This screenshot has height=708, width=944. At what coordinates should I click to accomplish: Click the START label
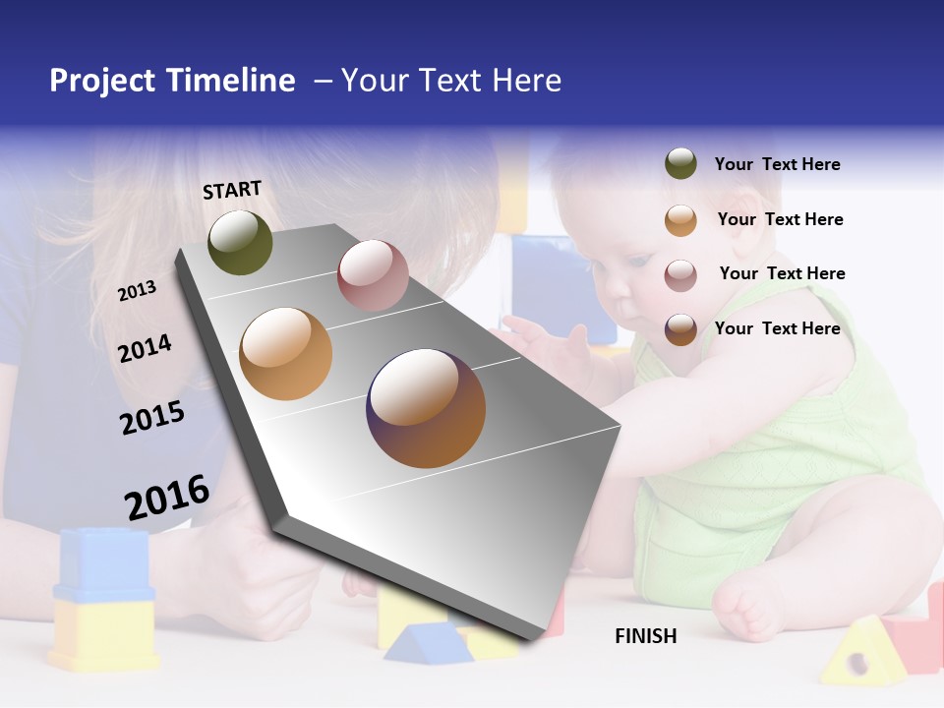pyautogui.click(x=232, y=190)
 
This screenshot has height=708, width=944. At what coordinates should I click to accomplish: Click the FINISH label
pyautogui.click(x=646, y=636)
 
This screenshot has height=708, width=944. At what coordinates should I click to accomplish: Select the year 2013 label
pyautogui.click(x=137, y=290)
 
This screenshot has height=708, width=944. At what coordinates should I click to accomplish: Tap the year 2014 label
pyautogui.click(x=145, y=348)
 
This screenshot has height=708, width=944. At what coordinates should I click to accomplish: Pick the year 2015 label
pyautogui.click(x=152, y=417)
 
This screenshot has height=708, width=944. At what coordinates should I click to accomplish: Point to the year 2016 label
pyautogui.click(x=167, y=497)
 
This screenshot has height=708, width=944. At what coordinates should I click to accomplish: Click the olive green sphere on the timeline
pyautogui.click(x=240, y=242)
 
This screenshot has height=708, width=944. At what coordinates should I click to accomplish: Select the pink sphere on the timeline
pyautogui.click(x=373, y=275)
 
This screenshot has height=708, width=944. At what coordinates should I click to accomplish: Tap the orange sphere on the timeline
pyautogui.click(x=286, y=354)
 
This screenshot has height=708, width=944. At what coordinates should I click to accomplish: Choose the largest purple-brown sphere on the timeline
pyautogui.click(x=426, y=408)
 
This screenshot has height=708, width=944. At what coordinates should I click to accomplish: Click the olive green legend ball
pyautogui.click(x=680, y=164)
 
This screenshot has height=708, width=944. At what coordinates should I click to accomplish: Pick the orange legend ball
pyautogui.click(x=680, y=219)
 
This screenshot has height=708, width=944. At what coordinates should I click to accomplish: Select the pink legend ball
pyautogui.click(x=680, y=274)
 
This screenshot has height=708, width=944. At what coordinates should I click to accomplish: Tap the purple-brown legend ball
pyautogui.click(x=680, y=328)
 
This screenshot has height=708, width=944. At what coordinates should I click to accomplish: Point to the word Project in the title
pyautogui.click(x=103, y=81)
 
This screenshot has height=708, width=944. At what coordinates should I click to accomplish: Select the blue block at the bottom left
pyautogui.click(x=102, y=565)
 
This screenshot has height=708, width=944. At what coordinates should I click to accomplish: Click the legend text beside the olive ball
pyautogui.click(x=777, y=164)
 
